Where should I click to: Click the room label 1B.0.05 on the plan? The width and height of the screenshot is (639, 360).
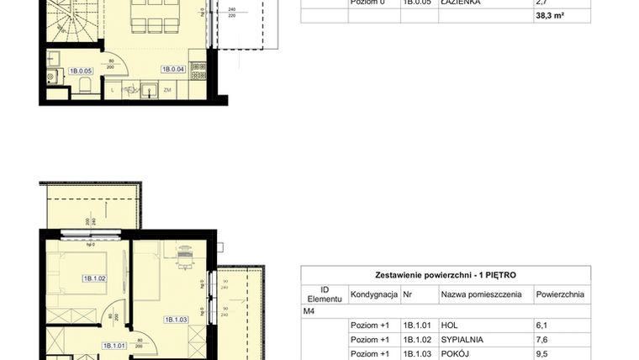(81, 71)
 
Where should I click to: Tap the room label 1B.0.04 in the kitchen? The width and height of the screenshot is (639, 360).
(173, 69)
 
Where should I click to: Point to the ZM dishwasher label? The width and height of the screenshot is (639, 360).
(168, 89)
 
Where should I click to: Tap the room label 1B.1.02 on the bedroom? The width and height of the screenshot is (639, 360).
(93, 278)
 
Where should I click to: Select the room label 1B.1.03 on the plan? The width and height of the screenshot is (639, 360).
(175, 319)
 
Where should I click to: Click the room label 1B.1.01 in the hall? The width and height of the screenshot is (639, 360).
(114, 345)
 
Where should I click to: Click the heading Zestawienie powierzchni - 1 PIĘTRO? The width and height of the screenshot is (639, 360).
(446, 275)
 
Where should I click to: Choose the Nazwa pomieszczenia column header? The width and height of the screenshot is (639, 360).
(480, 294)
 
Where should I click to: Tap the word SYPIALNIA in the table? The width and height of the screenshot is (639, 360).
(462, 340)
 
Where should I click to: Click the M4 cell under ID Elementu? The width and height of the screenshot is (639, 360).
(309, 310)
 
